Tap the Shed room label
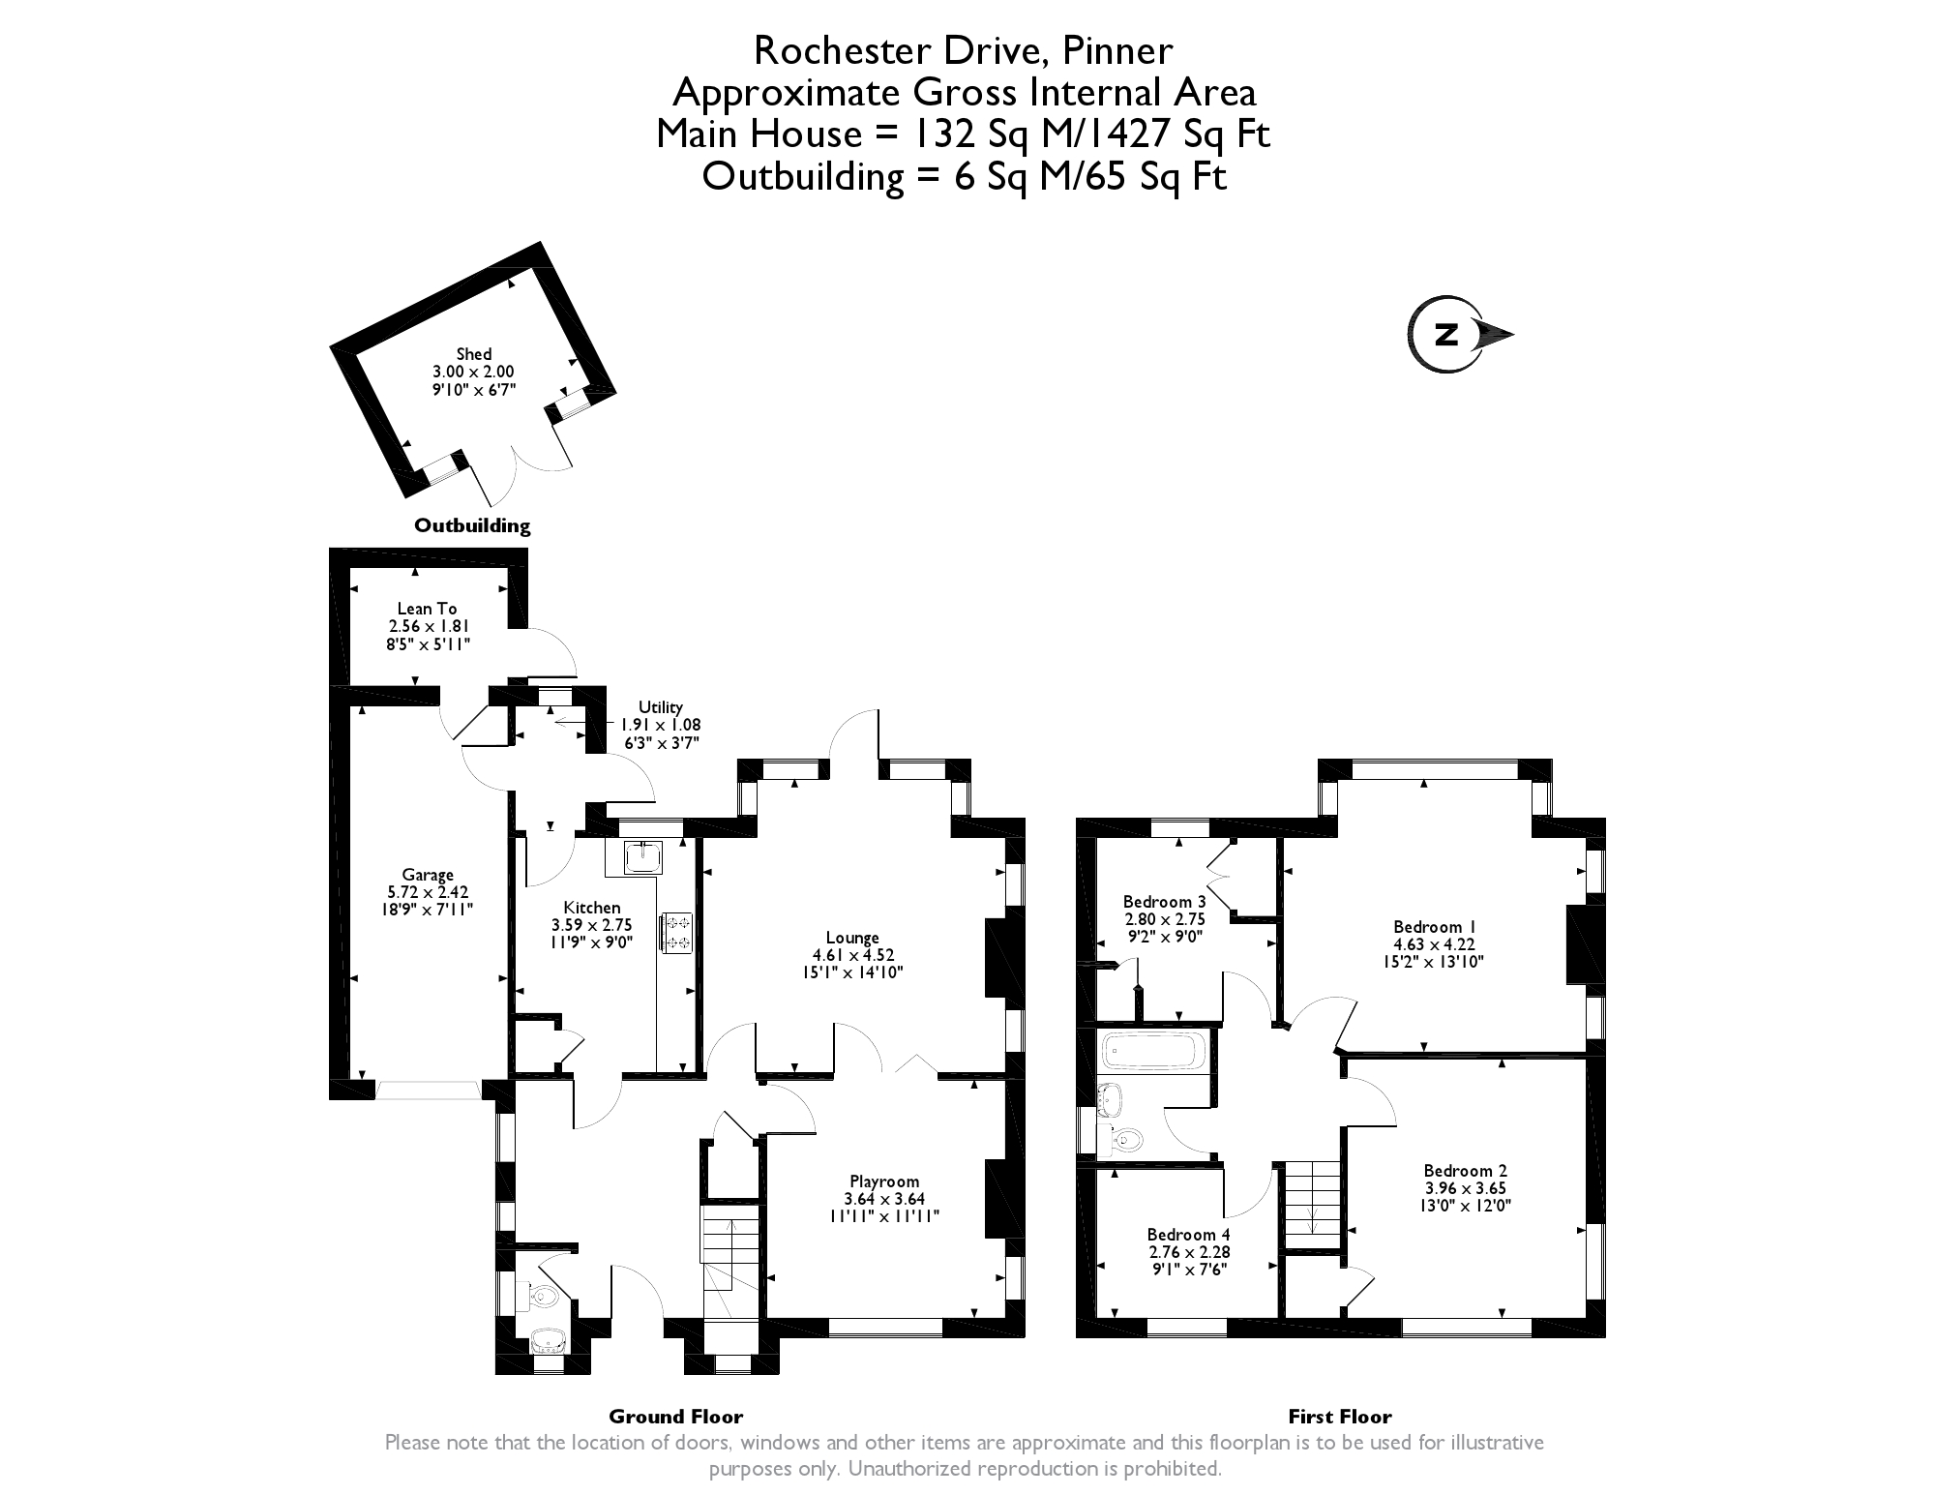pos(474,354)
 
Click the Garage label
pos(428,875)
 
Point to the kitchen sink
pos(643,856)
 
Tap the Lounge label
pos(852,937)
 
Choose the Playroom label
pos(884,1181)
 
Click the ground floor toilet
pos(543,1297)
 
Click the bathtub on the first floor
pos(1152,1051)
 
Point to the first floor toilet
pos(1125,1140)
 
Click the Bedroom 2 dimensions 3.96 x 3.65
pos(1466,1188)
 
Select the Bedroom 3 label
pos(1164,902)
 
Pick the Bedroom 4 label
pos(1189,1234)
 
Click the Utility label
pos(661,707)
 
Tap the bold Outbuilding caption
pos(472,526)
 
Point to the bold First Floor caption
pos(1339,1418)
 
